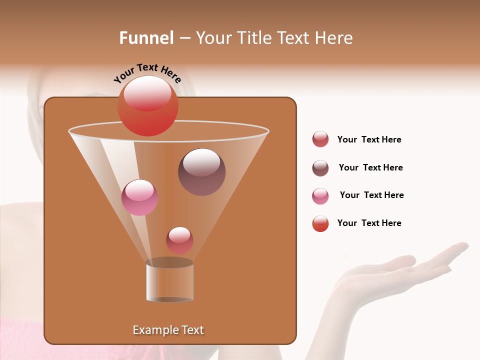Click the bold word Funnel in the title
tap(146, 38)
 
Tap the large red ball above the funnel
tap(147, 105)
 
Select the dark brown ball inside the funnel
tap(201, 171)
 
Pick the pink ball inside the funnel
tap(139, 197)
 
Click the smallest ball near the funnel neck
tap(179, 240)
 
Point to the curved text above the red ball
tap(147, 73)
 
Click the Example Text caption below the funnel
tap(168, 330)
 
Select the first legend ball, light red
tap(320, 139)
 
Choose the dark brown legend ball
tap(320, 168)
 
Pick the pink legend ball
tap(320, 196)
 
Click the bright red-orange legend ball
tap(320, 223)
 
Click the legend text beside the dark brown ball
tap(370, 168)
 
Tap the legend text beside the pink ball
tap(371, 195)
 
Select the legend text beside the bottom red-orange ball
tap(369, 223)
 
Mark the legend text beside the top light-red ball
tap(369, 140)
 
